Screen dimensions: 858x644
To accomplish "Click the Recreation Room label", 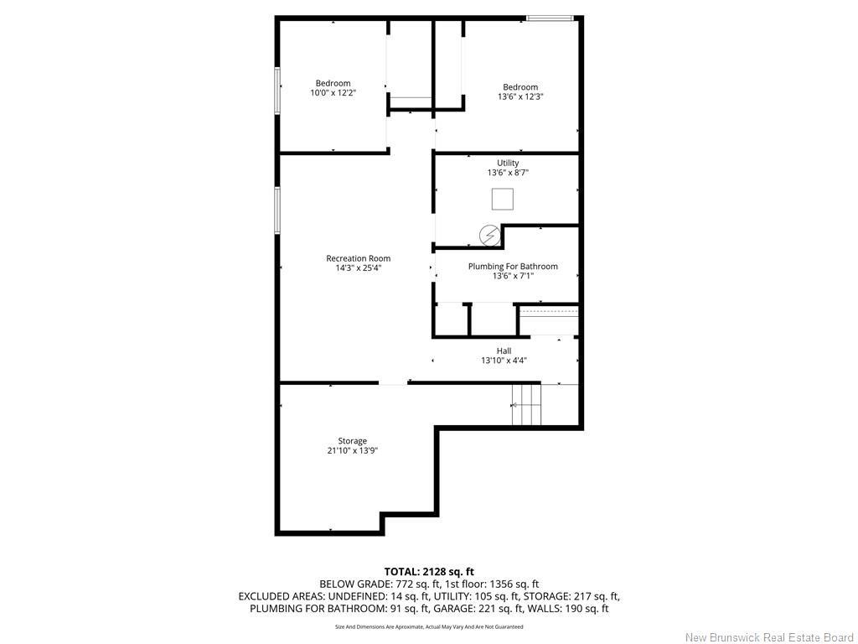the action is coord(359,258).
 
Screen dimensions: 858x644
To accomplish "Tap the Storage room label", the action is coord(353,441).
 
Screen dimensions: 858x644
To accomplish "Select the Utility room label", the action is coord(508,163).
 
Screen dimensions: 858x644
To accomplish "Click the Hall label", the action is coord(504,351).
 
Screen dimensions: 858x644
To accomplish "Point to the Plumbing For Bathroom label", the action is coord(513,266).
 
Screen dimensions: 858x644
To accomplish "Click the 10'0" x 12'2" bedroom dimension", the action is coord(333,92).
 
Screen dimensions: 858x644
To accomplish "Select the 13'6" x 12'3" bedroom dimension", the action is coord(520,96).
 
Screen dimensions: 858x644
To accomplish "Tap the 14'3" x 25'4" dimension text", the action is coord(359,267).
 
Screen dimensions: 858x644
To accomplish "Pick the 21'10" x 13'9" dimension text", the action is coord(353,450).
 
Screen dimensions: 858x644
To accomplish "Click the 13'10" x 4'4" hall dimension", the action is coord(504,361).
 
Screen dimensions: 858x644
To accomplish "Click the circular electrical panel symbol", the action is coord(489,236).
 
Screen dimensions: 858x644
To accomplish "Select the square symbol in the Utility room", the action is coord(503,199).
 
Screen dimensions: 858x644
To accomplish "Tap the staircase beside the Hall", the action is coord(526,404).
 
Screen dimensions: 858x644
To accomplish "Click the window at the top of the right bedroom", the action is coord(550,18).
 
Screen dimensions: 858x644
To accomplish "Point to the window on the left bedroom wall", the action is coord(277,91).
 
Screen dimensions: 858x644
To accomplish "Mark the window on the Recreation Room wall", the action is coord(277,210).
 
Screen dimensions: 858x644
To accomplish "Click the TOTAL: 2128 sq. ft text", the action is coord(429,572).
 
